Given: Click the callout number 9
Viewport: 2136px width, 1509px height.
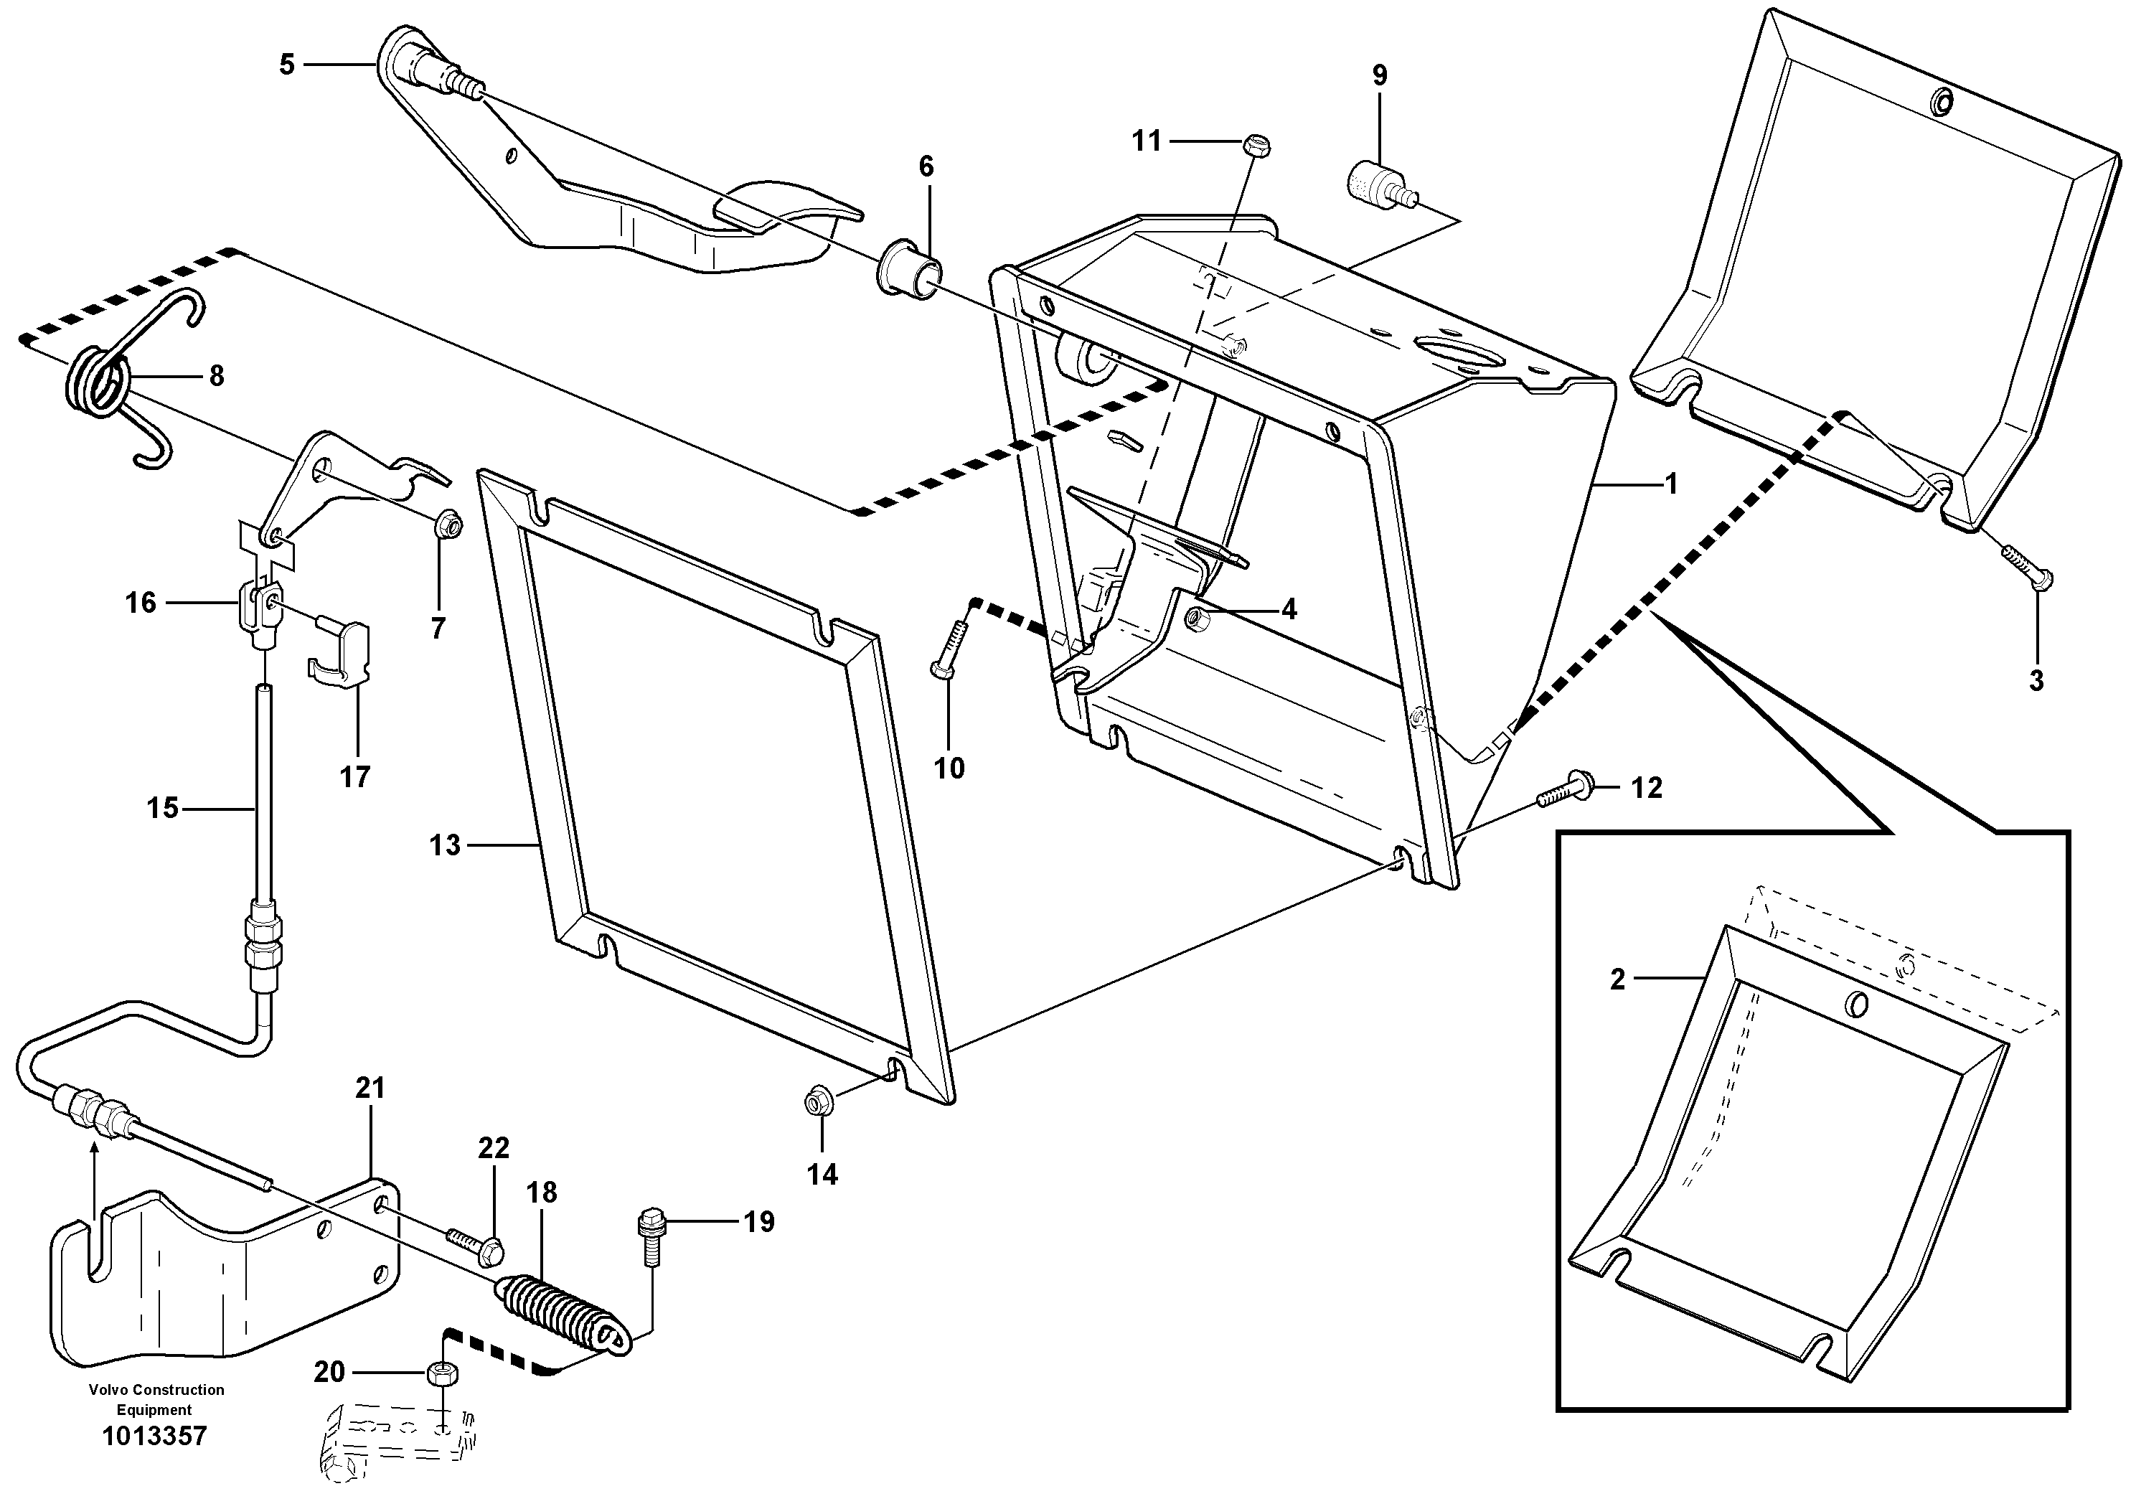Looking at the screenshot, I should click(1379, 76).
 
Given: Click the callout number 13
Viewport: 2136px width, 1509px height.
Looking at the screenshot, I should click(445, 846).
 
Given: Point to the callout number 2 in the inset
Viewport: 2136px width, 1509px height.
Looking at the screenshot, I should click(1617, 979).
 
